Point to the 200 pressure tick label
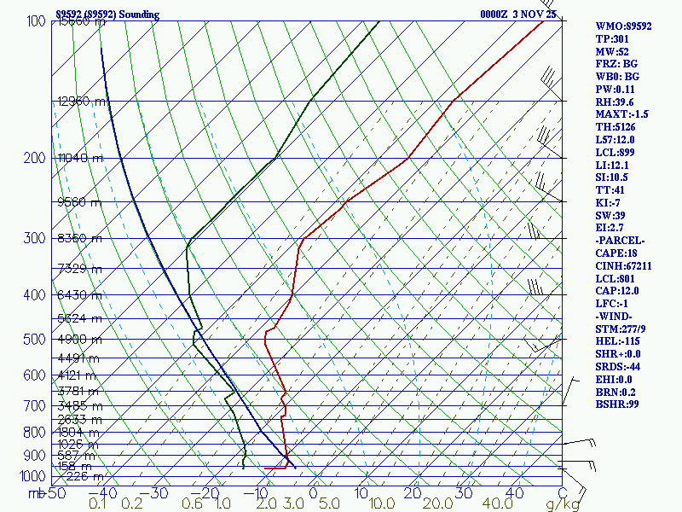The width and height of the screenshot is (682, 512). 33,158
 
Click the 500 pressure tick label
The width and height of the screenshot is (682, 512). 33,340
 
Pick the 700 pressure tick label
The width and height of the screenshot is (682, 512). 33,406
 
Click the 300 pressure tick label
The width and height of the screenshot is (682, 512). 33,238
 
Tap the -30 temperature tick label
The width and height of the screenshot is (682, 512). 159,493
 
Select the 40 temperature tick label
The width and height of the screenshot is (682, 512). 514,493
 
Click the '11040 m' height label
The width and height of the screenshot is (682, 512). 80,158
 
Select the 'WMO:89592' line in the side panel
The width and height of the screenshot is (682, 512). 624,26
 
